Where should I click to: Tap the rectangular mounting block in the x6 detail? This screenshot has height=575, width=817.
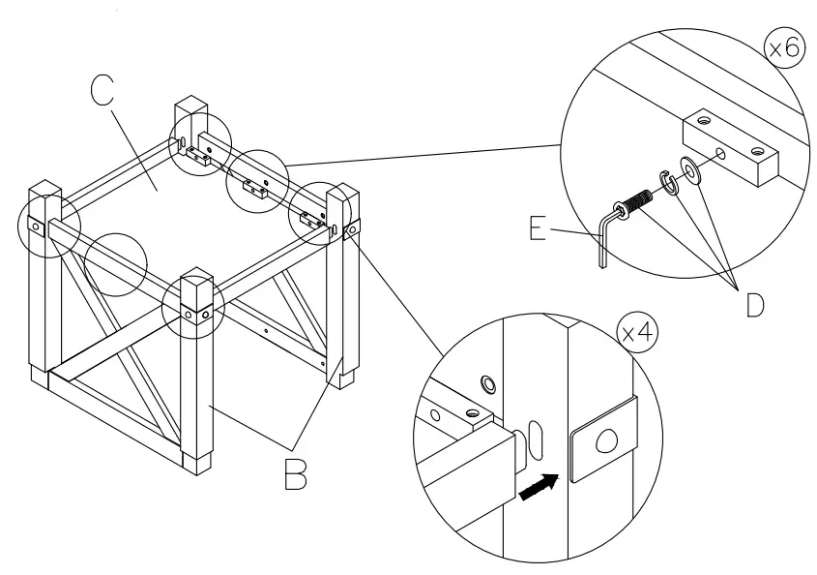[731, 145]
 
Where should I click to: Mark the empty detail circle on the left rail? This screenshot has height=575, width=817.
[114, 262]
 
